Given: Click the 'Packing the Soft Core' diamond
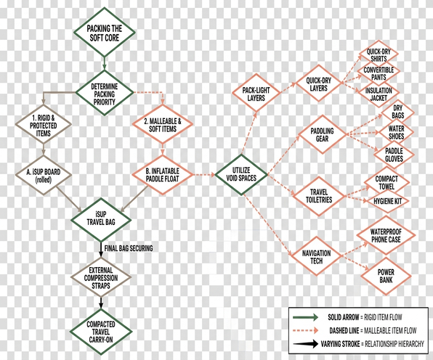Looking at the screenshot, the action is [x=104, y=32].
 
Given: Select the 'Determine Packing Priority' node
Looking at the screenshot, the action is [x=104, y=93].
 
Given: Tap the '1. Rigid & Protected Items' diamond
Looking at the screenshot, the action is [x=44, y=125].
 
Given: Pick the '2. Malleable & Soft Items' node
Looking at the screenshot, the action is [x=163, y=124].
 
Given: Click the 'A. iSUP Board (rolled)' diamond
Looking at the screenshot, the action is [x=44, y=175].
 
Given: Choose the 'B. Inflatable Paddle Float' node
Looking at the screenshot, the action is [x=163, y=175].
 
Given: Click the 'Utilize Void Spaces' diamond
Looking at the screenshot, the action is [x=241, y=175].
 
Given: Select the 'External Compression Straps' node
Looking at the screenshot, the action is [x=101, y=277].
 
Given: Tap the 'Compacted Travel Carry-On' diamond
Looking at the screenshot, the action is [x=101, y=332].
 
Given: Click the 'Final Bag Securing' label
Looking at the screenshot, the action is [x=129, y=248].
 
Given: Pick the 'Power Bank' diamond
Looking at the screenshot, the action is [x=386, y=276].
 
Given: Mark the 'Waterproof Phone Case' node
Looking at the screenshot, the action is [x=386, y=235].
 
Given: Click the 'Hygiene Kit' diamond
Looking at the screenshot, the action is [x=387, y=201].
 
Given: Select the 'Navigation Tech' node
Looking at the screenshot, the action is [x=316, y=256].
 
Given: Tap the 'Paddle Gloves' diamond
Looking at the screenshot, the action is [x=394, y=155].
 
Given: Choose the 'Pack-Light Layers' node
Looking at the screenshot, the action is [x=256, y=94].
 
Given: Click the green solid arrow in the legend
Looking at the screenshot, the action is [x=306, y=317].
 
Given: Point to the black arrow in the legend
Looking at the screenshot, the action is [x=306, y=344].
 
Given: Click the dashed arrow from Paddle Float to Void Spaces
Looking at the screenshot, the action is [x=204, y=175].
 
